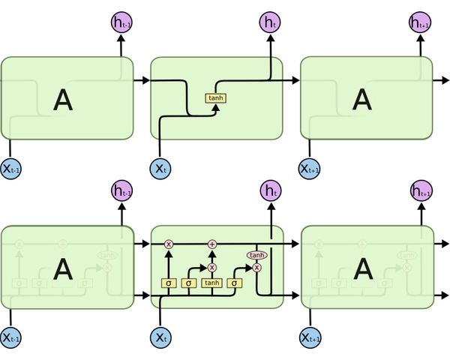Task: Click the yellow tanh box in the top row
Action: pyautogui.click(x=215, y=97)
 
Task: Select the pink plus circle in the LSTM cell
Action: pyautogui.click(x=212, y=244)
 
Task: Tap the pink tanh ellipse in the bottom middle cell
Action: pyautogui.click(x=256, y=255)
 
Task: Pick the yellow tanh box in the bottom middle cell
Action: pyautogui.click(x=212, y=283)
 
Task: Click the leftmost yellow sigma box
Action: pyautogui.click(x=168, y=283)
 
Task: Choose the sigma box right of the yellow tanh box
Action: pyautogui.click(x=235, y=283)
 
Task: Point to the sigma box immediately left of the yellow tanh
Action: pyautogui.click(x=189, y=283)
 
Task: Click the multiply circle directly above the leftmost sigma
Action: pyautogui.click(x=168, y=244)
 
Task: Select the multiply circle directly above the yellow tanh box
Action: pyautogui.click(x=212, y=267)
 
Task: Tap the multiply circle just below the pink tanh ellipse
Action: pyautogui.click(x=256, y=267)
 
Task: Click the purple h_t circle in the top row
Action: pyautogui.click(x=270, y=22)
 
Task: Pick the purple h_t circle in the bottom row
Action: pyautogui.click(x=270, y=190)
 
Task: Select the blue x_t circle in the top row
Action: pyautogui.click(x=160, y=168)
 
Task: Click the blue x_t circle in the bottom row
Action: pyautogui.click(x=160, y=337)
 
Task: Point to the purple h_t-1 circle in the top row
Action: pyautogui.click(x=121, y=22)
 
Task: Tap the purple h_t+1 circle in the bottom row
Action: pyautogui.click(x=421, y=191)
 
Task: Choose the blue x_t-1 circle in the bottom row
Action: pyautogui.click(x=10, y=337)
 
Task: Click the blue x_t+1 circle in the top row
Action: pyautogui.click(x=310, y=168)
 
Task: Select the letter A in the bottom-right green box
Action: pyautogui.click(x=362, y=268)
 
